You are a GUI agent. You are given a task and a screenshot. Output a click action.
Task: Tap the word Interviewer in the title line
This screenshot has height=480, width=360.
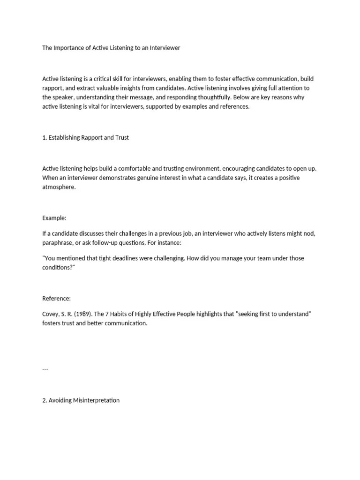(x=164, y=48)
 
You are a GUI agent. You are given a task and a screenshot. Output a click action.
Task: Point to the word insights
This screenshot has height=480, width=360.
(x=161, y=88)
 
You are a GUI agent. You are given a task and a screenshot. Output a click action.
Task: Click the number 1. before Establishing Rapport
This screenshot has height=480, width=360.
(x=45, y=137)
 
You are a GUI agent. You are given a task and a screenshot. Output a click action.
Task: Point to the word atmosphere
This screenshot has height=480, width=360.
(x=59, y=187)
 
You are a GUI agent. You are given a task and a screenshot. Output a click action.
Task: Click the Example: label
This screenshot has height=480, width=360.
(x=54, y=217)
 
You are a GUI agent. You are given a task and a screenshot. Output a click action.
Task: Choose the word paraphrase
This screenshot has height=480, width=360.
(x=59, y=243)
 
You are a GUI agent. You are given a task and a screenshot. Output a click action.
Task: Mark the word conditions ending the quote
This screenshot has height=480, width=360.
(x=58, y=268)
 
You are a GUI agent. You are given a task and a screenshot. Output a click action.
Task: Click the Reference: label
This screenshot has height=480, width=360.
(x=56, y=298)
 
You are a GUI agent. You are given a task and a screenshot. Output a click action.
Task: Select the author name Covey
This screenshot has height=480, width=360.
(x=51, y=314)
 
